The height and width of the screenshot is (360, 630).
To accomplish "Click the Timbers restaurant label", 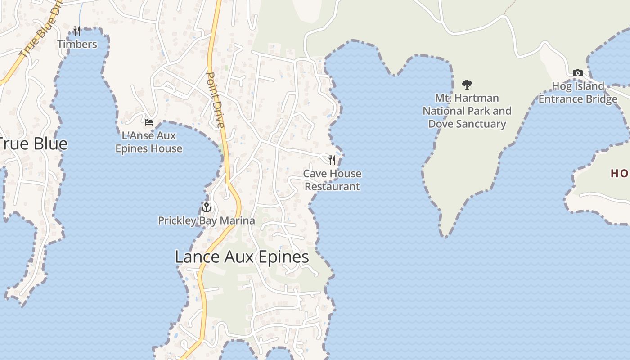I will tap(77, 44).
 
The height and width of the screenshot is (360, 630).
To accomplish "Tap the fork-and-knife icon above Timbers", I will tap(77, 31).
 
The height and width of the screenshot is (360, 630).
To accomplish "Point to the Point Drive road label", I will tap(215, 100).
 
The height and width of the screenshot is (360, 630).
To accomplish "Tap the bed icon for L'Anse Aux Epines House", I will tap(148, 122).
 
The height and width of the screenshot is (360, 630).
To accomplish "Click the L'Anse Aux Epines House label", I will tap(149, 142).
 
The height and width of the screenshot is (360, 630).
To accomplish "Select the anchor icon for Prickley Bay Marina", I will tap(206, 207).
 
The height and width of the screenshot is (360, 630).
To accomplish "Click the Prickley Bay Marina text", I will tap(206, 221).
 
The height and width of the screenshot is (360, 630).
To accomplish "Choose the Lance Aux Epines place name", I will tap(242, 257).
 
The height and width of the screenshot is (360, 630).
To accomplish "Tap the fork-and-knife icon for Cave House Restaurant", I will tap(332, 160).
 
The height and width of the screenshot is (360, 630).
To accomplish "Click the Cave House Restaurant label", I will tap(332, 180).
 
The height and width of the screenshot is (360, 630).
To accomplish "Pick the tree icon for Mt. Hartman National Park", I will tap(467, 84).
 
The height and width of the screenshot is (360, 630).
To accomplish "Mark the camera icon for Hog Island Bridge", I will tap(577, 73).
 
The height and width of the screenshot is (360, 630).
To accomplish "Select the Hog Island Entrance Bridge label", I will tap(578, 93).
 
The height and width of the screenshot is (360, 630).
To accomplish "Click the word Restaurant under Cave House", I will tap(333, 187).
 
